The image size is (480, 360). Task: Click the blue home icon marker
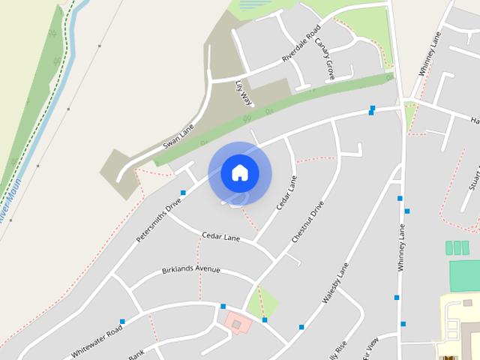pyautogui.click(x=240, y=172)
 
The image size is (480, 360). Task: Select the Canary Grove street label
pyautogui.click(x=325, y=58)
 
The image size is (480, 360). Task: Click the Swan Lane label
pyautogui.click(x=178, y=136)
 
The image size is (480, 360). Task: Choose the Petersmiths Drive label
pyautogui.click(x=159, y=220)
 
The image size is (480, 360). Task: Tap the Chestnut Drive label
pyautogui.click(x=307, y=221)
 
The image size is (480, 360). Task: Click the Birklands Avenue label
pyautogui.click(x=191, y=269)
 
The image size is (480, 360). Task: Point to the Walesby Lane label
pyautogui.click(x=336, y=283)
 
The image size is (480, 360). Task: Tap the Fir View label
pyautogui.click(x=370, y=346)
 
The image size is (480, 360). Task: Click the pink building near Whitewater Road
pyautogui.click(x=238, y=323)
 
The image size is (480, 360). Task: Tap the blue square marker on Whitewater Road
pyautogui.click(x=122, y=322)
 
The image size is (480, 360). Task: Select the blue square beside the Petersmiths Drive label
pyautogui.click(x=183, y=193)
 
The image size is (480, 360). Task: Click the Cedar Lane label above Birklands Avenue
pyautogui.click(x=220, y=236)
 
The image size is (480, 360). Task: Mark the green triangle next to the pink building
pyautogui.click(x=265, y=301)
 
